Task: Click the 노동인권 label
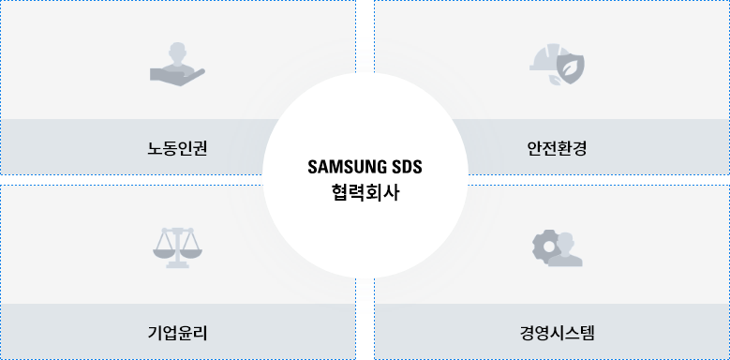pos(177,148)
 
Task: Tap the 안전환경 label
pos(557,148)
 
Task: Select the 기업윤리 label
pos(177,333)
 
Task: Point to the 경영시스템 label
pos(557,333)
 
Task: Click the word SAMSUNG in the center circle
pos(344,167)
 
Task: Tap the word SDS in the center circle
pos(404,167)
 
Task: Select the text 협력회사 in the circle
pos(365,193)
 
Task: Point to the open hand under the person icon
pos(177,77)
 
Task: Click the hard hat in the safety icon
pos(544,58)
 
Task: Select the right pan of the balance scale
pos(191,254)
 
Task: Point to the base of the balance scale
pos(177,265)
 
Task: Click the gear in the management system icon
pos(545,247)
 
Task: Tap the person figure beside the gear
pos(565,251)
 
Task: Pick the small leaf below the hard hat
pos(554,80)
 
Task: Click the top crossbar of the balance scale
pos(177,230)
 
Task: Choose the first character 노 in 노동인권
pos(155,148)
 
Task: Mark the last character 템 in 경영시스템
pos(587,333)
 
